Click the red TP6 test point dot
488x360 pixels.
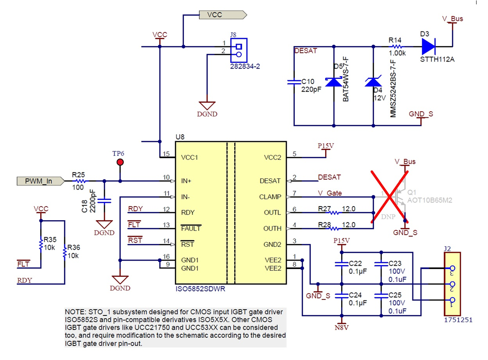click(x=120, y=162)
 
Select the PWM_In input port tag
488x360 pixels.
click(x=39, y=181)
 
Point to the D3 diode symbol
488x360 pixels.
click(x=428, y=46)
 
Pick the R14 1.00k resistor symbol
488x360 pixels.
click(x=397, y=46)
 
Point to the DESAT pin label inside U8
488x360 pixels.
click(x=270, y=181)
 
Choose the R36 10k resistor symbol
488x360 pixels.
click(x=64, y=253)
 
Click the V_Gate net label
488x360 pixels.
click(x=329, y=193)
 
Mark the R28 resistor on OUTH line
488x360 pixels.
click(x=334, y=229)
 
